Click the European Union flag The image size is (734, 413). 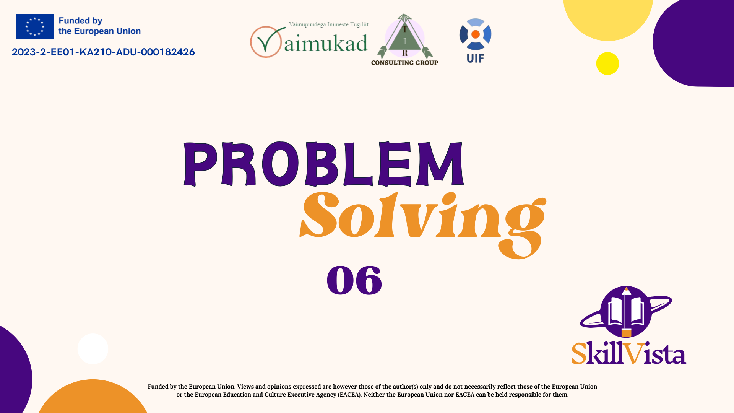(x=35, y=26)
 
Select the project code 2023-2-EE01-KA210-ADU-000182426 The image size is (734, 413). (x=103, y=52)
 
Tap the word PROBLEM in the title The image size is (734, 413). (x=324, y=164)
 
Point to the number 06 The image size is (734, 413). (x=354, y=280)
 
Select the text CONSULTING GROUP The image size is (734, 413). (x=404, y=63)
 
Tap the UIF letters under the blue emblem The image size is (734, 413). (x=475, y=59)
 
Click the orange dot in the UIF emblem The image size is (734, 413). (x=476, y=34)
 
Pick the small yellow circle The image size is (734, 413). (x=607, y=63)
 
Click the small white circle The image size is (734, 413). (x=93, y=349)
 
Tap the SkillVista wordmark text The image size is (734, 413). (x=629, y=353)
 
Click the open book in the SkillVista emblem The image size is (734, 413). (x=626, y=312)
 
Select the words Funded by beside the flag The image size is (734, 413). (x=80, y=21)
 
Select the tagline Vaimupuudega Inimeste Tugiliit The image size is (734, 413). (x=328, y=24)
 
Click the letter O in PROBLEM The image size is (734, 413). (x=281, y=164)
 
